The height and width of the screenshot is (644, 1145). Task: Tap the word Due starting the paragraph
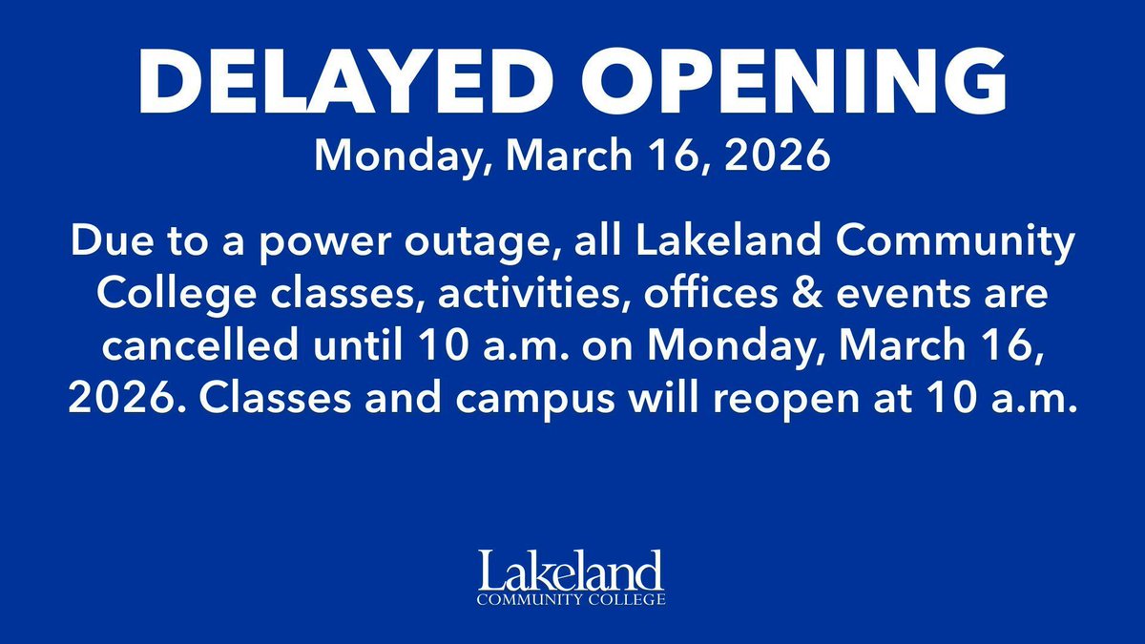pyautogui.click(x=97, y=245)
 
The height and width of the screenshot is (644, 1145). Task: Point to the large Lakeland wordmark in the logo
pyautogui.click(x=572, y=571)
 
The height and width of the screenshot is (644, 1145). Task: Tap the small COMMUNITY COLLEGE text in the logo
pyautogui.click(x=572, y=600)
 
